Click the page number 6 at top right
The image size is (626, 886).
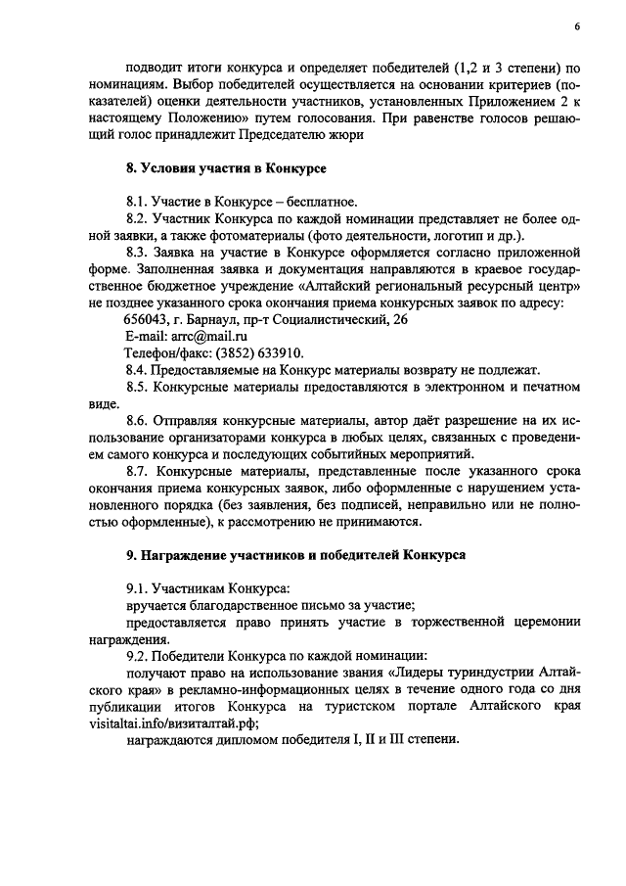coord(578,28)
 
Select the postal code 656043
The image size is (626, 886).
coord(145,319)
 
